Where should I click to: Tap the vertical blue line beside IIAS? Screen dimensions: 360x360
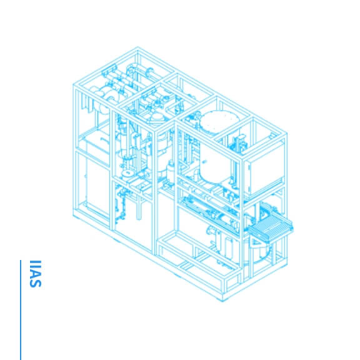(21, 310)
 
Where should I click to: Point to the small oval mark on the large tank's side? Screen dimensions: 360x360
(204, 162)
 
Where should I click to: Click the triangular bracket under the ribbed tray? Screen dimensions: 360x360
(256, 242)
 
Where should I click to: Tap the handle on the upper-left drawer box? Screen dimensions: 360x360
(105, 140)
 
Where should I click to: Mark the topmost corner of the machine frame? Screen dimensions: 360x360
(137, 47)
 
